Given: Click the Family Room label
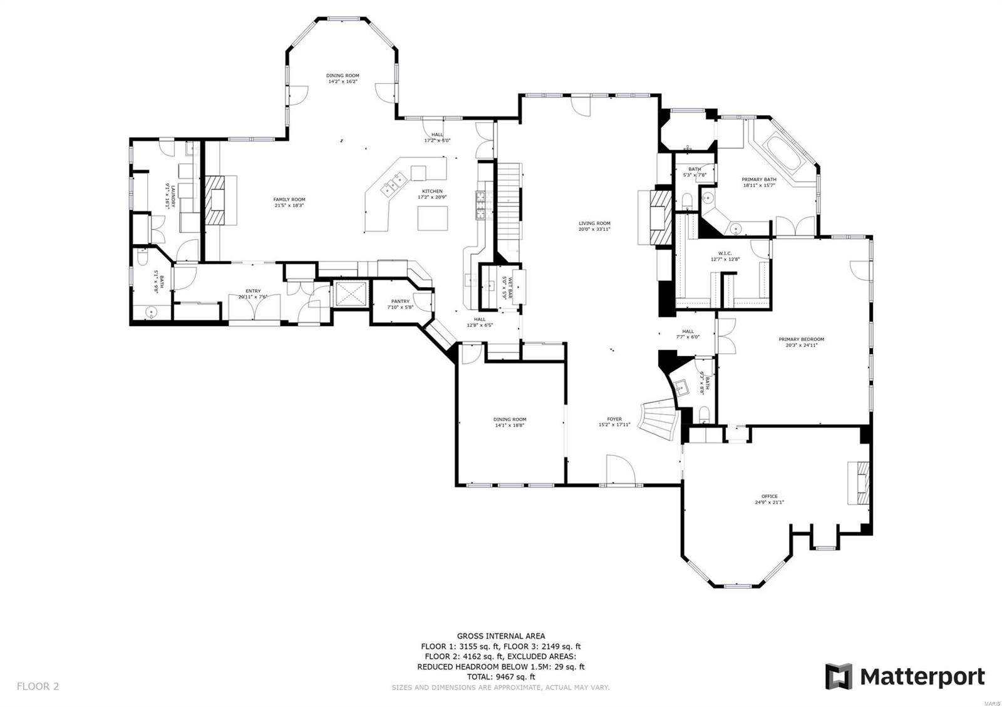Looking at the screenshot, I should point(289,200).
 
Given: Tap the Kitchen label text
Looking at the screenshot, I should point(431,191).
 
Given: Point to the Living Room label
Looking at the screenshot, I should point(594,223).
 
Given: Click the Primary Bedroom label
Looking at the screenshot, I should point(801,340).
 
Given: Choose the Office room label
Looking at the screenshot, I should point(769,497).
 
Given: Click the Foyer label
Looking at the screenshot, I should point(614,419).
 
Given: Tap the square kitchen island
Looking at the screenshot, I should point(433,218).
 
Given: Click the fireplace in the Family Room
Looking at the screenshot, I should point(217,200).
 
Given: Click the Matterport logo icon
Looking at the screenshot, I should point(838,676).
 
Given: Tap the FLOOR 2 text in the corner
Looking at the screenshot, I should point(38,686).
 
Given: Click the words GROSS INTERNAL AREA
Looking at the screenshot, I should point(500,636).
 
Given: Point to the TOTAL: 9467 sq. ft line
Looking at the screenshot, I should point(500,676).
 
